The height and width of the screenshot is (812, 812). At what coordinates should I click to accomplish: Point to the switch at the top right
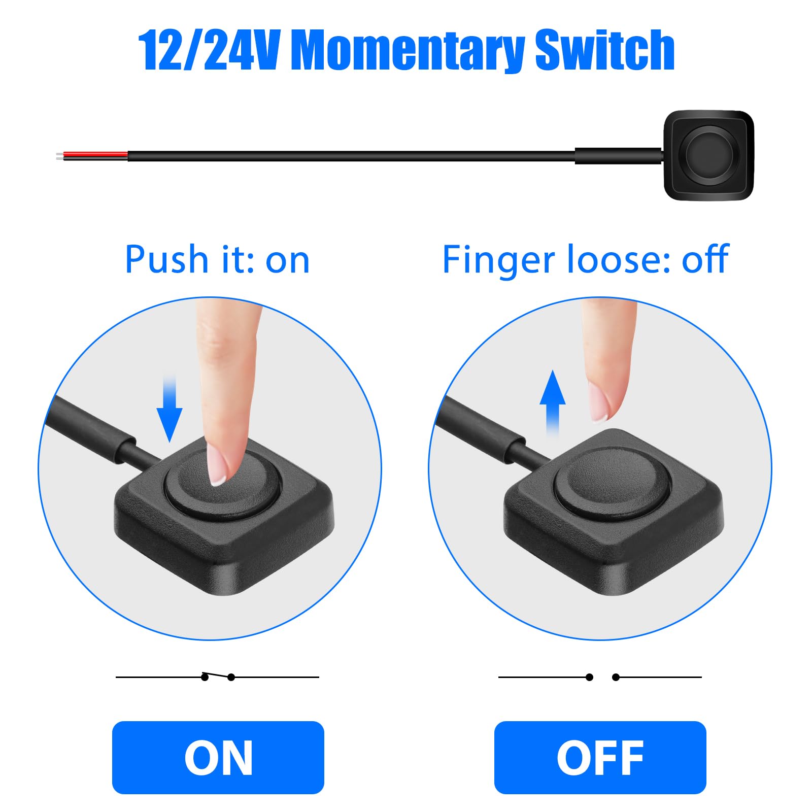708,155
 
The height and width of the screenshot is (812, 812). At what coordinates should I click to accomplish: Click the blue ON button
218,757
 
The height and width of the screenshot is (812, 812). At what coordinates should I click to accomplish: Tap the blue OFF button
600,757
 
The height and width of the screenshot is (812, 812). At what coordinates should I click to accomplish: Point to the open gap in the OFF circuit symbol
602,677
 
